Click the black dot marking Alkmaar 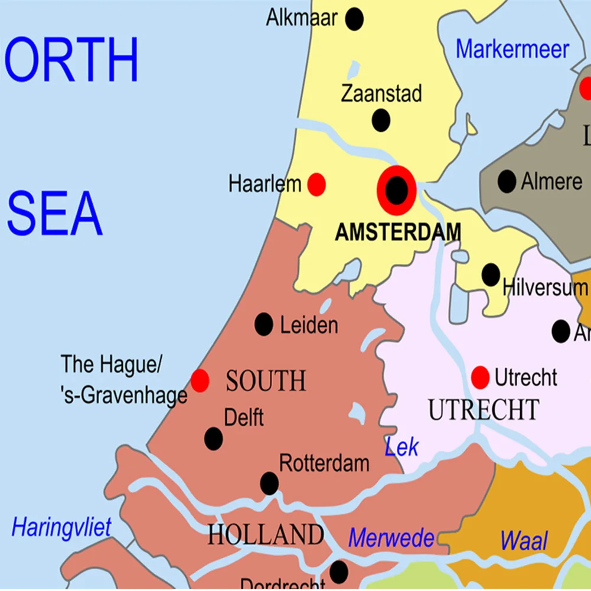[354, 19]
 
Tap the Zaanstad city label [381, 93]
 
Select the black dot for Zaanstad [381, 120]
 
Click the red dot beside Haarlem [316, 185]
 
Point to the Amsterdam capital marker [397, 190]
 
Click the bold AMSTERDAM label [397, 233]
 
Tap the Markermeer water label [512, 50]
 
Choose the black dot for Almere [507, 181]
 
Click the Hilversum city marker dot [491, 275]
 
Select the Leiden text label [309, 325]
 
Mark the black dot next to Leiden [263, 324]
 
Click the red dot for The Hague [200, 381]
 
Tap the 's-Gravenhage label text [123, 396]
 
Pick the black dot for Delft [213, 439]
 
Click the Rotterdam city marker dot [269, 484]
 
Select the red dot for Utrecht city [480, 377]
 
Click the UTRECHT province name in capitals [484, 410]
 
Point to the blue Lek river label [401, 447]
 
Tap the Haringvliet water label [61, 527]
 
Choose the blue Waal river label [524, 541]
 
